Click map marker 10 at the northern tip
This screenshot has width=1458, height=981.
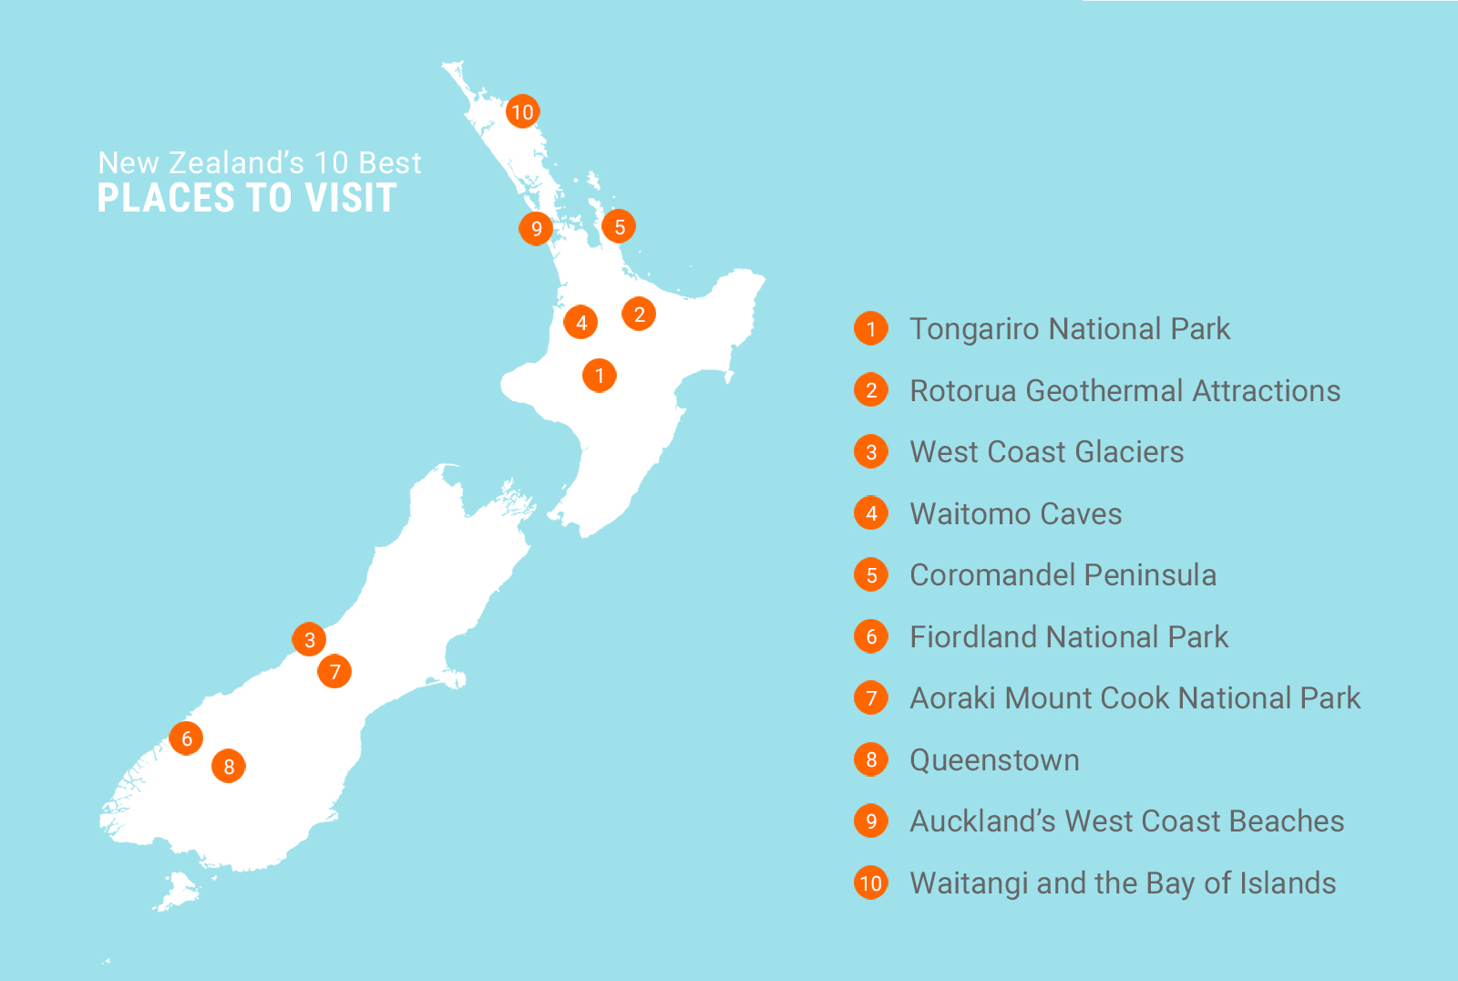pos(522,112)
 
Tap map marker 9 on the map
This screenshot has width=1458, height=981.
pos(536,228)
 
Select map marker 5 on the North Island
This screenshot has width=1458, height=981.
pos(619,227)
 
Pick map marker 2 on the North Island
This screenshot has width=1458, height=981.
pos(639,315)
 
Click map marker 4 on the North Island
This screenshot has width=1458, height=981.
pos(580,322)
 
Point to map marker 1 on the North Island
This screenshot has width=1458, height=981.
pos(599,375)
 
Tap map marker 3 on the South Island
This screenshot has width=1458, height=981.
pos(309,639)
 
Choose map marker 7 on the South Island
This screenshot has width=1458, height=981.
pos(334,672)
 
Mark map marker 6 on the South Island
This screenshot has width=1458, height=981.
pos(186,738)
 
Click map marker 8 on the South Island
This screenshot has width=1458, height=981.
pos(229,767)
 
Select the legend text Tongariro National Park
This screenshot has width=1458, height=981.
pos(1070,329)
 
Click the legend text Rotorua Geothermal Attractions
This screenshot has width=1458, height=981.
pos(1124,391)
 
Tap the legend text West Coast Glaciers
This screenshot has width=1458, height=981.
pos(1046,452)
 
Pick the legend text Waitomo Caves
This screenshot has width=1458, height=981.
pos(1015,514)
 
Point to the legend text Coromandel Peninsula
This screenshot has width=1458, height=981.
pos(1063,575)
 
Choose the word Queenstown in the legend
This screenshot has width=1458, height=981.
pos(994,760)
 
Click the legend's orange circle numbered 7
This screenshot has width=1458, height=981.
pos(871,698)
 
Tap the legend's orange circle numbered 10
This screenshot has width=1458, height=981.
pos(871,883)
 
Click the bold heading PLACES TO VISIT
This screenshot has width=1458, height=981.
pos(247,199)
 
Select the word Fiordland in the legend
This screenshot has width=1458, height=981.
pos(972,637)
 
